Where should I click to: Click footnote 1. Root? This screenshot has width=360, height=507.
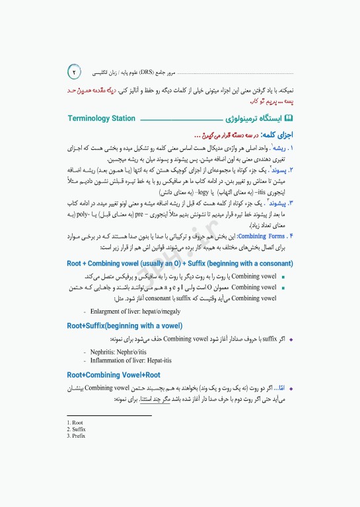click(x=75, y=422)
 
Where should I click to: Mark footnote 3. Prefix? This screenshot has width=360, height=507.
click(x=76, y=436)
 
